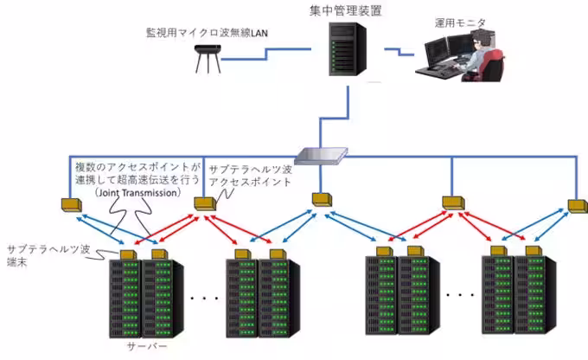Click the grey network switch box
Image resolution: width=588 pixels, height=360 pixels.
tap(319, 156)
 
